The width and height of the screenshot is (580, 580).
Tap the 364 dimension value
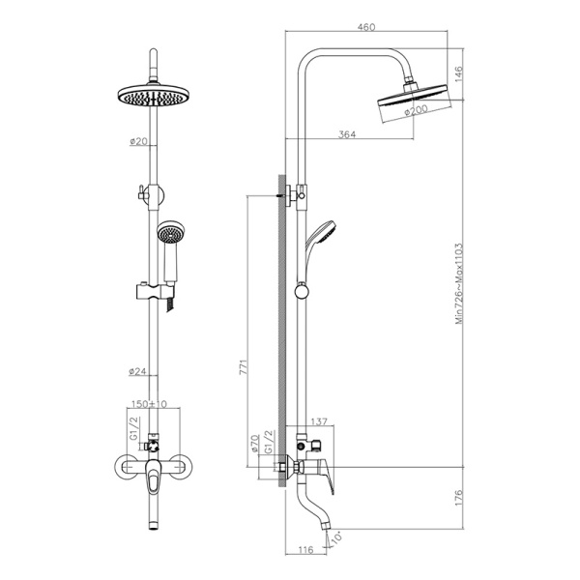347,134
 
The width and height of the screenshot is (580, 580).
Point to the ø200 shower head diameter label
416,110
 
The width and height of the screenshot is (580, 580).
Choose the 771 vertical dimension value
245,367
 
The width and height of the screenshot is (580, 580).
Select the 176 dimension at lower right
461,499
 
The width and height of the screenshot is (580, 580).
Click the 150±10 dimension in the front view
151,403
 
